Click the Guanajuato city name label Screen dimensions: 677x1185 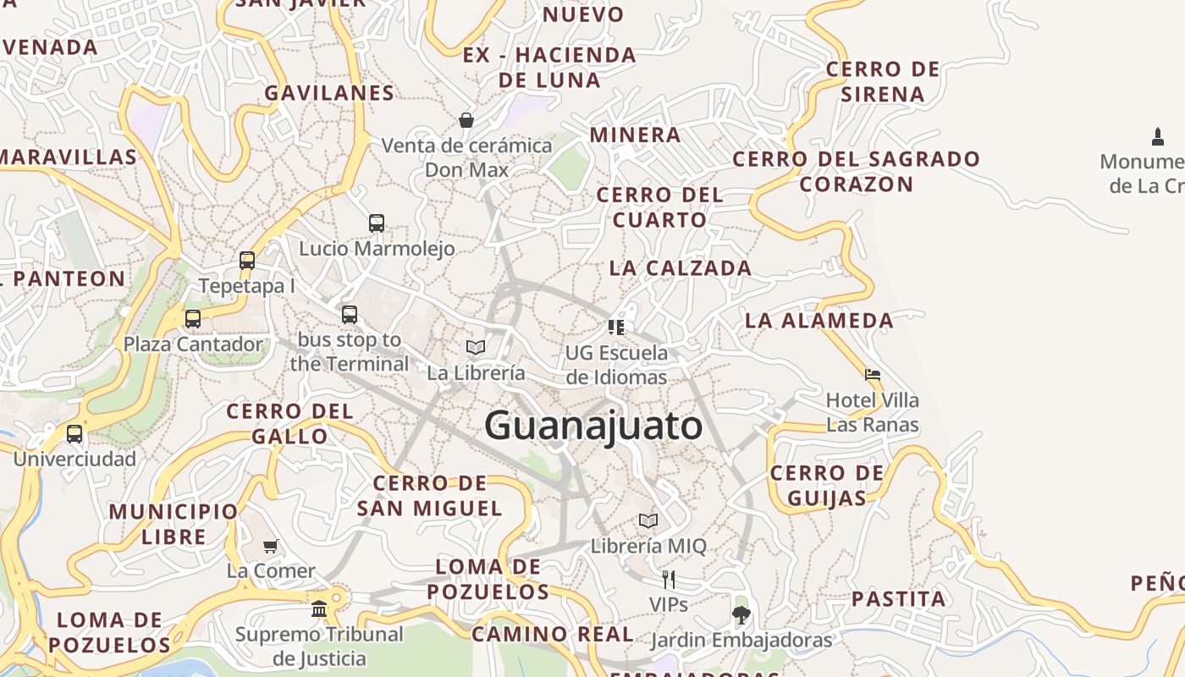coord(593,425)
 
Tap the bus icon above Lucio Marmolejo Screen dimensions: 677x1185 coord(377,223)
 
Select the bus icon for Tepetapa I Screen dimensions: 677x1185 coord(247,261)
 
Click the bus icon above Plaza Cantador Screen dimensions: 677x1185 coord(193,319)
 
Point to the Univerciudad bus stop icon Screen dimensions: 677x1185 coord(74,434)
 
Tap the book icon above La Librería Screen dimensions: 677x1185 coord(476,347)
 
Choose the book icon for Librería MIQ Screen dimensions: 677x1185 coord(648,520)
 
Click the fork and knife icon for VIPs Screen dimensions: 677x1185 coord(669,580)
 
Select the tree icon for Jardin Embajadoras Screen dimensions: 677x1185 coord(741,615)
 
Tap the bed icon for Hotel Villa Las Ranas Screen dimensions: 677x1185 coord(873,374)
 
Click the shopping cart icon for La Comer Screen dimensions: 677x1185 coord(270,546)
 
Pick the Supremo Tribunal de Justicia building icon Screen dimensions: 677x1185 coord(319,608)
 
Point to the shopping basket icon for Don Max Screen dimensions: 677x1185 coord(466,120)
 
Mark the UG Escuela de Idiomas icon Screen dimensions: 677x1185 coord(616,327)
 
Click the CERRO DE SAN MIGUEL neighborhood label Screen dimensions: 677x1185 coord(429,496)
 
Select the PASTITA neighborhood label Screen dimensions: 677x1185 coord(898,599)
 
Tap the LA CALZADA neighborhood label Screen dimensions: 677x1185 coord(681,268)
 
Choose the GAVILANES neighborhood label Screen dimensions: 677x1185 coord(329,93)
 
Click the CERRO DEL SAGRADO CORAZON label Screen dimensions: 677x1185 coord(856,171)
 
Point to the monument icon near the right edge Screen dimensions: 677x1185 coord(1158,136)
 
